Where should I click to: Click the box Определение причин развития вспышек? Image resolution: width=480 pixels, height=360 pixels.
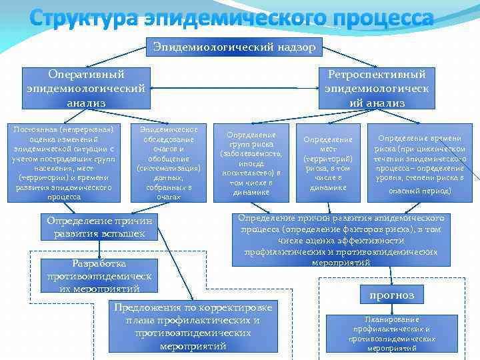click(x=99, y=227)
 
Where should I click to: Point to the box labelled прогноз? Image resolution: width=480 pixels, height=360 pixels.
click(x=396, y=295)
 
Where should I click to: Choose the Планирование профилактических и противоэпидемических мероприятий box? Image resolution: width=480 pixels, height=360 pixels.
click(x=391, y=333)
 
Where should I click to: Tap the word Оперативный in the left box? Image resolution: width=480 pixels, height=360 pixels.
click(x=86, y=74)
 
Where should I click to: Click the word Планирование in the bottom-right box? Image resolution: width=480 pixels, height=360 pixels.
click(x=391, y=319)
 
